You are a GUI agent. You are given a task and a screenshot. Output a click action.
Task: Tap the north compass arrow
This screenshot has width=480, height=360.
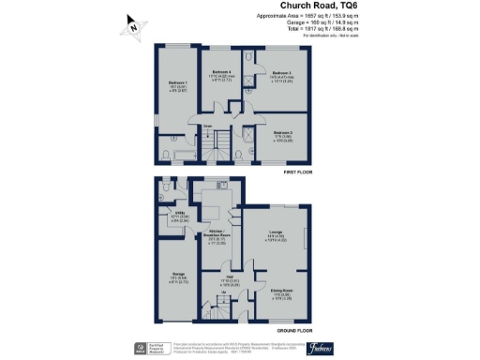click(x=134, y=28)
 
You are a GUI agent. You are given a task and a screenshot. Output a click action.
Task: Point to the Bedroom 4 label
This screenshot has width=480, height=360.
click(x=221, y=74)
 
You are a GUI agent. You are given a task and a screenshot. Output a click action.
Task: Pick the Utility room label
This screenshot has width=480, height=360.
click(x=176, y=216)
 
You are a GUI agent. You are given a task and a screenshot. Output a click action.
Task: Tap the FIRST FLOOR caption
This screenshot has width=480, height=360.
click(x=297, y=172)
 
